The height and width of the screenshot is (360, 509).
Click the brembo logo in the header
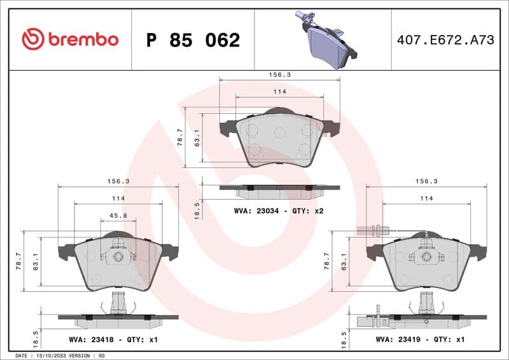point(70,39)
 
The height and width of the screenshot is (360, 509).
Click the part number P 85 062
point(193,40)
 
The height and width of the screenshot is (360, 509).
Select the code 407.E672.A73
point(445,40)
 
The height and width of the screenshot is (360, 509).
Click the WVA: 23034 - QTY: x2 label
point(279,211)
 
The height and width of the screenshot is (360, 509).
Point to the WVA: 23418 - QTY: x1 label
point(113,340)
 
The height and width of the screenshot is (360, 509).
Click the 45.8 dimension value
point(118,216)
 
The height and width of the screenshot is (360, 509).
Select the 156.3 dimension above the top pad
point(279,74)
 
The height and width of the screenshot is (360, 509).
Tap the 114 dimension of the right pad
point(426,198)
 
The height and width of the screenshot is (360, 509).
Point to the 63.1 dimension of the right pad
point(345,261)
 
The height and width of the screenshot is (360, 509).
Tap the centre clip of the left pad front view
point(118,256)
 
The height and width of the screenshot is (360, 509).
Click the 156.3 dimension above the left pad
point(118,181)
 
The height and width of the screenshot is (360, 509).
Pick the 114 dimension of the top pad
point(279,92)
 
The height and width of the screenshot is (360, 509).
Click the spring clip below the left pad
point(118,304)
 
